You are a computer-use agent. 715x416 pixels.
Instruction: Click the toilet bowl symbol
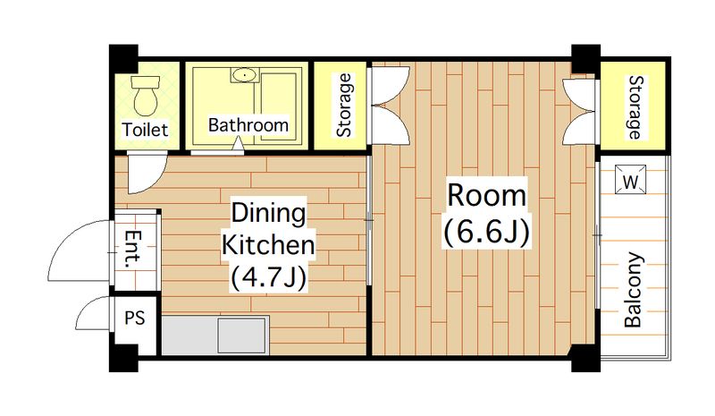tap(146, 96)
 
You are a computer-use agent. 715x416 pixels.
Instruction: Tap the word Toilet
tap(145, 130)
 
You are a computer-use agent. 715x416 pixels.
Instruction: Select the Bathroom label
tap(248, 124)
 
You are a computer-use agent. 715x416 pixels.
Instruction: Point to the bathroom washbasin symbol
tap(245, 75)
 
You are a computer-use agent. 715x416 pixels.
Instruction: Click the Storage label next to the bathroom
tap(344, 105)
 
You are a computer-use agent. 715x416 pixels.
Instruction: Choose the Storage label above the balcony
tap(635, 107)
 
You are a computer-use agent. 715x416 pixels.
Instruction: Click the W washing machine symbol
tap(631, 179)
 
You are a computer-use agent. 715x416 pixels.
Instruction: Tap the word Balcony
tap(633, 290)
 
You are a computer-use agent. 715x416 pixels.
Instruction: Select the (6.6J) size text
tap(486, 232)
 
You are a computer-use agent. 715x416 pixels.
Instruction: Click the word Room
tap(486, 195)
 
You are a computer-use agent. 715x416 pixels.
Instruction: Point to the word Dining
tap(268, 213)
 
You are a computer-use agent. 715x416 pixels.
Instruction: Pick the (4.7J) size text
tap(268, 277)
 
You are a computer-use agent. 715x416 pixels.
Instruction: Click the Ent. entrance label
tap(133, 250)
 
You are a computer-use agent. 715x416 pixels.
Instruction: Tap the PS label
tap(135, 318)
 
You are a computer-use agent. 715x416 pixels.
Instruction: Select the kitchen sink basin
tap(241, 335)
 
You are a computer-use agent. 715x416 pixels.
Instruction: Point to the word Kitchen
tap(268, 245)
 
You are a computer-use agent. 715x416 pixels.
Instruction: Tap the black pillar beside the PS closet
tap(123, 358)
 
